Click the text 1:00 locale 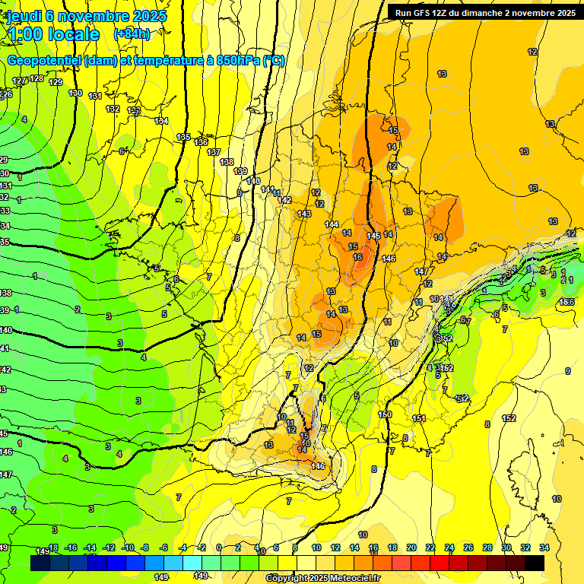point(52,34)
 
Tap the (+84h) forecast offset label point(132,34)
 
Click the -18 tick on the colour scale point(53,547)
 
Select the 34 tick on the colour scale point(544,547)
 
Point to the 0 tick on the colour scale point(219,547)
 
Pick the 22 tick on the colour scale point(430,547)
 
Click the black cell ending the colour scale point(535,563)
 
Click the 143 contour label point(305,214)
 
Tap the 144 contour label point(332,224)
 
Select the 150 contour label point(385,414)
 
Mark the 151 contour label point(418,418)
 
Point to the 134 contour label point(161,121)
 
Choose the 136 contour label point(201,142)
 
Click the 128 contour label point(36,78)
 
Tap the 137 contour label point(214,152)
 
